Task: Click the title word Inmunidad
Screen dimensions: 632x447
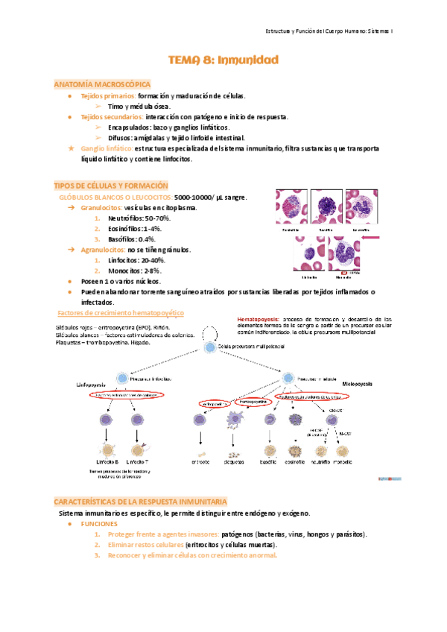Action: click(x=247, y=60)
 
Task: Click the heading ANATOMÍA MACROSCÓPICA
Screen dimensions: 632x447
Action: click(x=103, y=85)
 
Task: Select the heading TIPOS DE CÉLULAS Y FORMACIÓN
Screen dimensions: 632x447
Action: click(x=112, y=185)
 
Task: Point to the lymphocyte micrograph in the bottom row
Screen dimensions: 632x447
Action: click(x=308, y=254)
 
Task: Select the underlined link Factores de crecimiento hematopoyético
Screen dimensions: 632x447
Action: click(x=121, y=313)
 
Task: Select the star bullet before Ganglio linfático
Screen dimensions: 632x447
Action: click(x=70, y=149)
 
